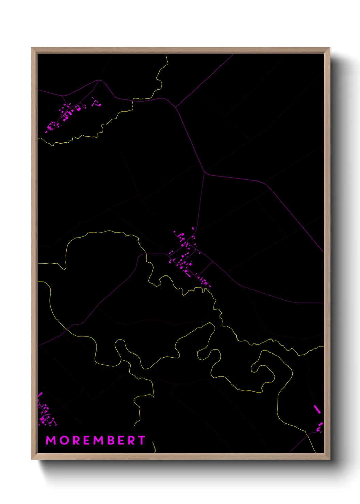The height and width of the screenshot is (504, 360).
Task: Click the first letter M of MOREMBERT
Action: coord(51,440)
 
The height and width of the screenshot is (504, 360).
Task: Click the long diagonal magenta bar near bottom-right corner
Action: coord(317,409)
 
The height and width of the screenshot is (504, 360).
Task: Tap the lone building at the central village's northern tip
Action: coord(193,229)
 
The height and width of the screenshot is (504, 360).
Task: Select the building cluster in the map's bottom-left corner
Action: coord(46,414)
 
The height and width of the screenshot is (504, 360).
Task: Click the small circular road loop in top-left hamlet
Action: coord(52,125)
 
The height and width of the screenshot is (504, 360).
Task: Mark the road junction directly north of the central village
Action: coord(204,173)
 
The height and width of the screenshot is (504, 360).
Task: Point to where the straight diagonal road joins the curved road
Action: coord(176,107)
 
